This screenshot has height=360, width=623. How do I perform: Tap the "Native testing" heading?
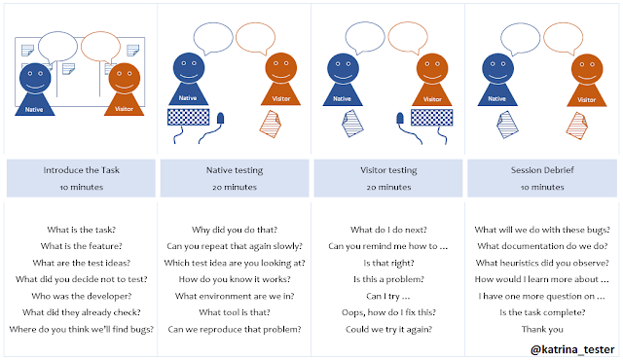(x=234, y=170)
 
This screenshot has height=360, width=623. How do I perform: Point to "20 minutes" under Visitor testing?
(x=388, y=186)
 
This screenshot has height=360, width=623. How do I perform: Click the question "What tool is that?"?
(x=234, y=312)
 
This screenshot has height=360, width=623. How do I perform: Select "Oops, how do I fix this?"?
(x=388, y=312)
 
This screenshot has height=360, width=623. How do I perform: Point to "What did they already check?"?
(x=79, y=312)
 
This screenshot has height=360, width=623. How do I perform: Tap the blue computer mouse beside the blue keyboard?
(x=221, y=120)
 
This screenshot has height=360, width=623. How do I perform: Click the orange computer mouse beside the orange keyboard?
(x=397, y=121)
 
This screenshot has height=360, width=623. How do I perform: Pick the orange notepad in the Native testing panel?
(x=270, y=123)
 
